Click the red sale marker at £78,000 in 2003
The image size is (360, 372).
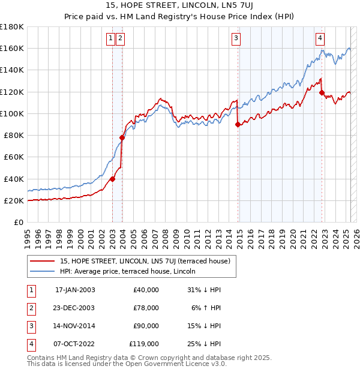pyautogui.click(x=122, y=137)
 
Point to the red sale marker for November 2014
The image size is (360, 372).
pyautogui.click(x=238, y=125)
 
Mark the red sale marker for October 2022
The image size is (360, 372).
pyautogui.click(x=322, y=93)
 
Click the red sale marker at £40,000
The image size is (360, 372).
pyautogui.click(x=112, y=179)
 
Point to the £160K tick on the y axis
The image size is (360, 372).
pyautogui.click(x=12, y=48)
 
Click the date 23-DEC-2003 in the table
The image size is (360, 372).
pyautogui.click(x=75, y=308)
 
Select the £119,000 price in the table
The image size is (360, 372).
pyautogui.click(x=144, y=344)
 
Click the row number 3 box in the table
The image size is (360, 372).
pyautogui.click(x=31, y=326)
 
